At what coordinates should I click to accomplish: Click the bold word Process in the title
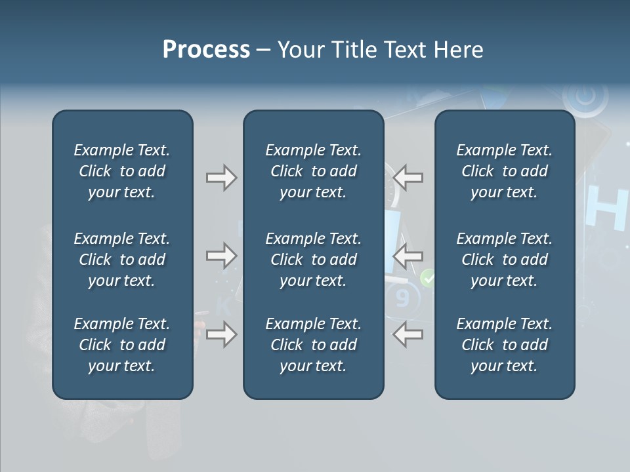(x=206, y=50)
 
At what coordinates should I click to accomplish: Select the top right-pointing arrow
(x=222, y=178)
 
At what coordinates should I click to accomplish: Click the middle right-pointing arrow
(x=222, y=256)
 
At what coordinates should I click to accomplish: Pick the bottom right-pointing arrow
(x=222, y=334)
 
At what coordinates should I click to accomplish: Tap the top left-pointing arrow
(x=408, y=178)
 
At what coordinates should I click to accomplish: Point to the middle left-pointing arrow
(x=408, y=256)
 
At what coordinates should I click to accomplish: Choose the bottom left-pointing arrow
(x=408, y=334)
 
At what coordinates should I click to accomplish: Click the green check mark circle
(x=428, y=278)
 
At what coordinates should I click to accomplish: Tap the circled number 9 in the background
(x=402, y=298)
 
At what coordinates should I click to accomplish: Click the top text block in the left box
(x=122, y=171)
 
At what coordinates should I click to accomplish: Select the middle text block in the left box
(x=122, y=260)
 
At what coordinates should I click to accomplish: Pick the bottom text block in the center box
(x=313, y=345)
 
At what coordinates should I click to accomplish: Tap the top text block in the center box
(x=313, y=171)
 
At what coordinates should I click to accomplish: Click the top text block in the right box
(x=504, y=171)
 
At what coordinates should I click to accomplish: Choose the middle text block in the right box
(x=504, y=260)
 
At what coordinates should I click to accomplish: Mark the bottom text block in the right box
(x=504, y=345)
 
